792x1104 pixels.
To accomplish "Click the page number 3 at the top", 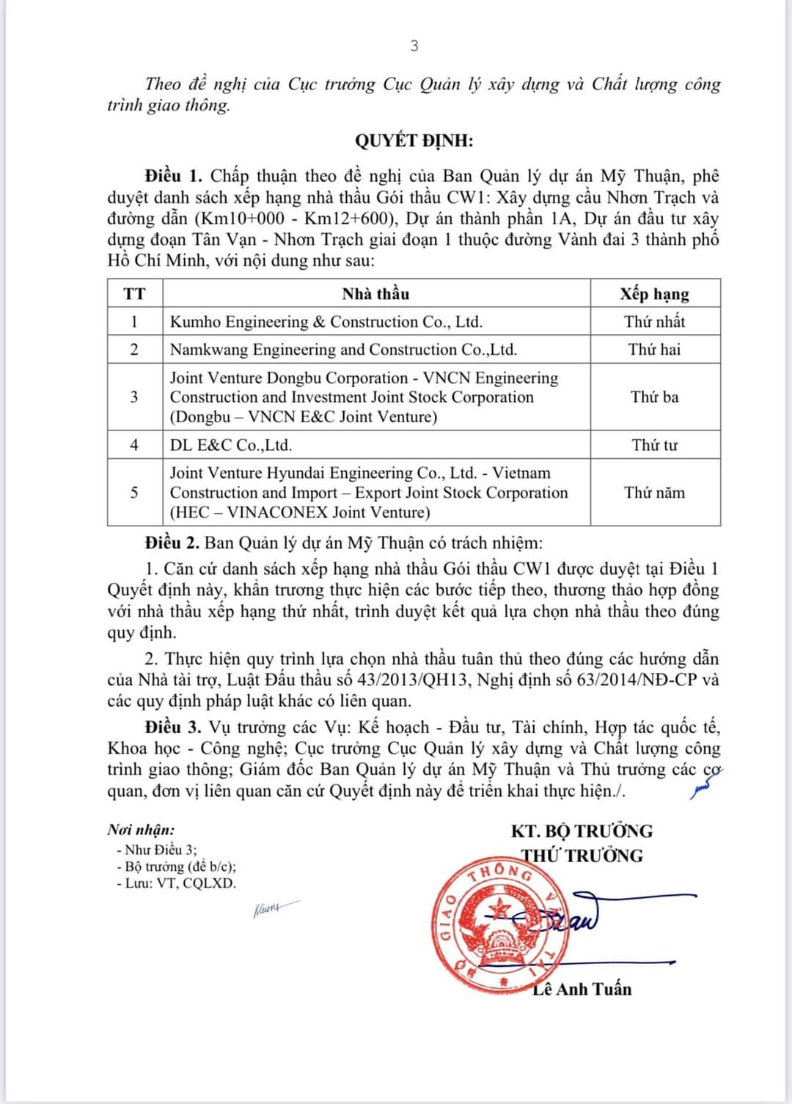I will [x=414, y=46].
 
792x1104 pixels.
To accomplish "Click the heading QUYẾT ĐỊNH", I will [x=414, y=141].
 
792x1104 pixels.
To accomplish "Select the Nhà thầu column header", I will [x=375, y=294].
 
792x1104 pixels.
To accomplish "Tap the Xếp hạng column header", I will [x=654, y=294].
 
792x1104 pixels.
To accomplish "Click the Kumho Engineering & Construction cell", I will [x=326, y=322].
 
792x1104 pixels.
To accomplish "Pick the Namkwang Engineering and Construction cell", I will [x=343, y=350].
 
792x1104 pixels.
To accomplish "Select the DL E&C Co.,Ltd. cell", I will [x=231, y=445].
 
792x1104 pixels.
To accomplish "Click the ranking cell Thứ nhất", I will [x=654, y=322].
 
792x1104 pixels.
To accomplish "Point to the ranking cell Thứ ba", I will [x=654, y=397].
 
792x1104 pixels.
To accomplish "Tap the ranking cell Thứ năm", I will [x=654, y=493].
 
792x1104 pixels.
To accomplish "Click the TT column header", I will [x=134, y=294].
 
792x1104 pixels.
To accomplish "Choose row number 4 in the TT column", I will [x=134, y=445].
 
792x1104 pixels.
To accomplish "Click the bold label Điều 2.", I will [x=172, y=543].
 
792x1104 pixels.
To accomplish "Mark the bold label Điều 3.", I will [x=172, y=727].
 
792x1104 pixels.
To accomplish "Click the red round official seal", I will [x=499, y=927].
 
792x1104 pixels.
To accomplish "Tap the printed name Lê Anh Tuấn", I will [x=582, y=990].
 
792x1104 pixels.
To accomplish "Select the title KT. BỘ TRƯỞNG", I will [x=582, y=831].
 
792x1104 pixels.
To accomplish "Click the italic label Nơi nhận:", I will [x=141, y=830].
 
